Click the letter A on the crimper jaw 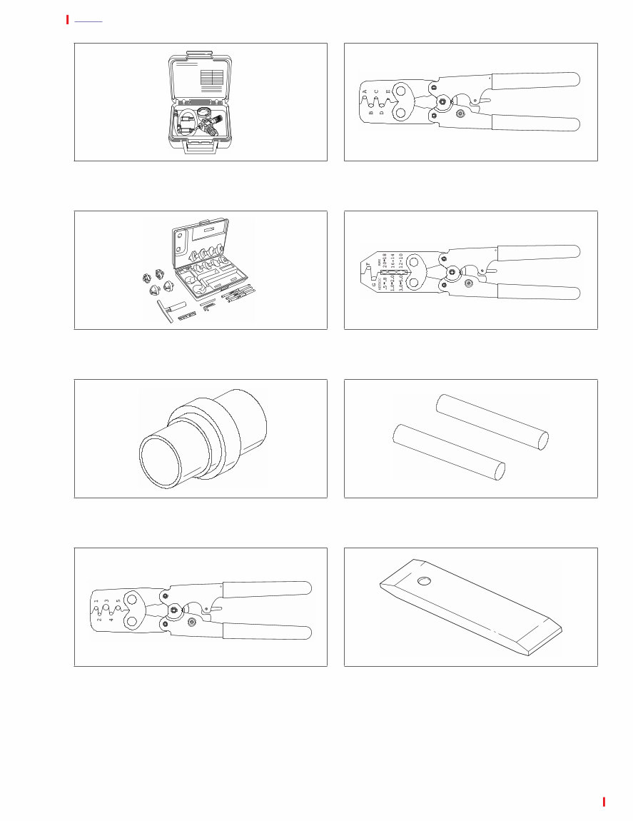click(x=365, y=93)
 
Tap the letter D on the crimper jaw click(x=382, y=112)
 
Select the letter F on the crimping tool click(x=368, y=265)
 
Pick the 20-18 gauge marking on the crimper click(x=386, y=261)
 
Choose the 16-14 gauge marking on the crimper click(x=393, y=261)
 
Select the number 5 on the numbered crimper click(x=118, y=602)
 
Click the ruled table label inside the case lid click(x=212, y=80)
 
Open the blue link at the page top click(x=88, y=20)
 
